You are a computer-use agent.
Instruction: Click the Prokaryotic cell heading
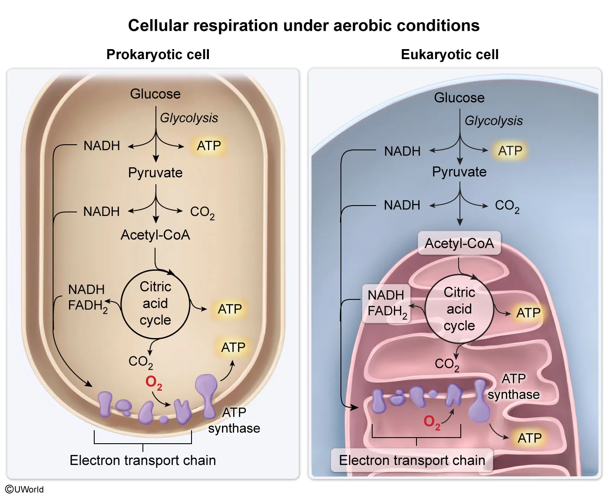(x=158, y=55)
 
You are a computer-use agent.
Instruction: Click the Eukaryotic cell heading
(x=449, y=55)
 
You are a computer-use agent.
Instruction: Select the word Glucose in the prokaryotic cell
(x=155, y=94)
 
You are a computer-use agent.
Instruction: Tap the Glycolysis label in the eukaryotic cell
(x=493, y=121)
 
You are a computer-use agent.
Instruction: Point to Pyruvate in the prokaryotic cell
(x=155, y=173)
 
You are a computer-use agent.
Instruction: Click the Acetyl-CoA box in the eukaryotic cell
(x=459, y=243)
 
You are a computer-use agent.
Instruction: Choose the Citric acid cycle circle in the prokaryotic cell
(x=155, y=304)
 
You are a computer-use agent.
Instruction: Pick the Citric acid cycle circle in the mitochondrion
(x=459, y=309)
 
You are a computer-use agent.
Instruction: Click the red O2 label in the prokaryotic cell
(x=154, y=382)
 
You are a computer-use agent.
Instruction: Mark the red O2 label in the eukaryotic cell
(x=432, y=422)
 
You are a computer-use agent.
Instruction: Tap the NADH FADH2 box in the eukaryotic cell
(x=387, y=303)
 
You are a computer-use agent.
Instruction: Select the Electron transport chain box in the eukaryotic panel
(x=412, y=460)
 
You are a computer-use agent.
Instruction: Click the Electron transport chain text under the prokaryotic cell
(x=142, y=460)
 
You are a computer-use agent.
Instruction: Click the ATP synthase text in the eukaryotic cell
(x=513, y=387)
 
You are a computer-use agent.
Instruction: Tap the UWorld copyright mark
(x=24, y=489)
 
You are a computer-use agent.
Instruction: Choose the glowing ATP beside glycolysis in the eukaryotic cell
(x=510, y=151)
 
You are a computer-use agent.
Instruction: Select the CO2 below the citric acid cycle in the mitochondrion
(x=446, y=364)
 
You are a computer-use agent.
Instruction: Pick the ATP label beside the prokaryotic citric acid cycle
(x=230, y=309)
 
